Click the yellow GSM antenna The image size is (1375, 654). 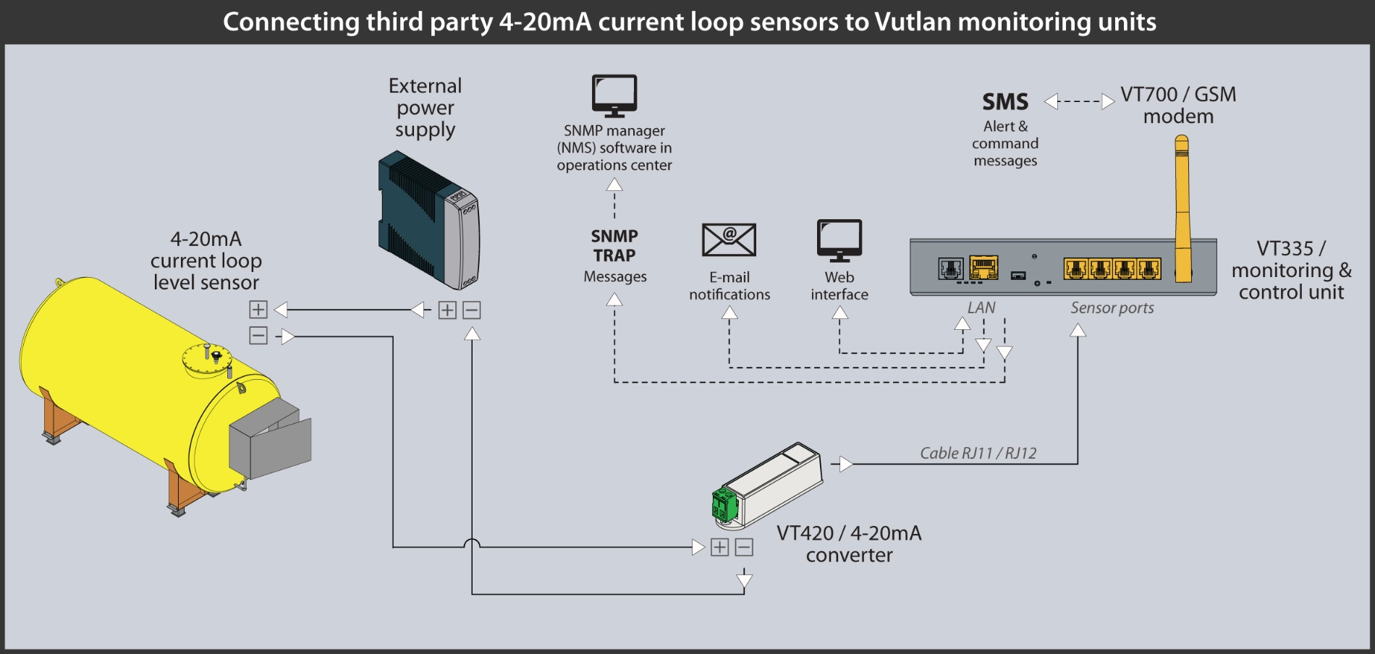coord(1182,210)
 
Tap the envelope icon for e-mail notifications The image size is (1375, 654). coord(729,239)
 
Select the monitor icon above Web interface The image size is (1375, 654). coord(839,239)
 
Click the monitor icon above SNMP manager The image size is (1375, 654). coord(614,95)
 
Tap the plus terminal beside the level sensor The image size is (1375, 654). coord(258,310)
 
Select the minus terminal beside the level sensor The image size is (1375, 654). coord(258,336)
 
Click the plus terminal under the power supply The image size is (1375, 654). coord(448,310)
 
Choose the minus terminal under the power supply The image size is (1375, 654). coord(472,310)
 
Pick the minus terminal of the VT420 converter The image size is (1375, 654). coord(744,548)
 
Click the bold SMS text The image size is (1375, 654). coord(1005,102)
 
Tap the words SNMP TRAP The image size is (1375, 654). coord(614,246)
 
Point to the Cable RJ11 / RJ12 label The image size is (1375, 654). coord(978,454)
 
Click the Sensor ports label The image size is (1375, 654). coord(1112,308)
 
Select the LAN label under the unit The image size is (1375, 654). coord(981,308)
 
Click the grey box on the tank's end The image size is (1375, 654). coord(270,443)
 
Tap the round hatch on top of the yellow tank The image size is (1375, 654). coord(206,360)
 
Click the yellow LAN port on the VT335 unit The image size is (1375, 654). coord(983,268)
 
